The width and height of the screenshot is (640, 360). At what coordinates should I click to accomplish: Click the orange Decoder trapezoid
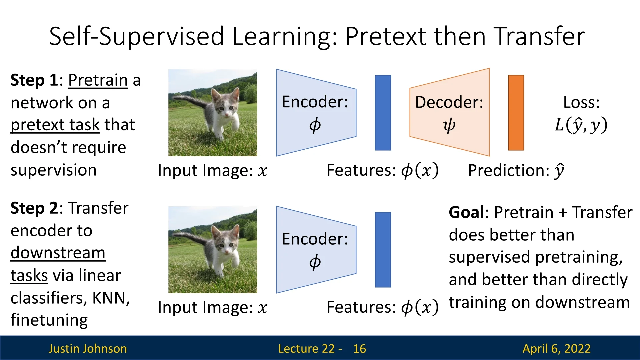450,112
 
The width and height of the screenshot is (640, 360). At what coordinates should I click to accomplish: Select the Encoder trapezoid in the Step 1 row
316,113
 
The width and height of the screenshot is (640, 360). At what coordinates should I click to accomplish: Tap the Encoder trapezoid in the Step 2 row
316,250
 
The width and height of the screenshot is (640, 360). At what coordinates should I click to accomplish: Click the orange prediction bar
516,113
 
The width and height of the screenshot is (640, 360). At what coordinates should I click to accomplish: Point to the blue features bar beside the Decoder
383,113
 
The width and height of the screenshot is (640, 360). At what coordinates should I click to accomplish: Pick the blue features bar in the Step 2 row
383,250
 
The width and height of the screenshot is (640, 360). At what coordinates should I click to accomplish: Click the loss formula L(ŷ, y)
581,125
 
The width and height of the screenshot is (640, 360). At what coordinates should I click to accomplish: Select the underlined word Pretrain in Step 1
98,80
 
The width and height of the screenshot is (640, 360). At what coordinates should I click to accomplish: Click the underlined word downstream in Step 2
58,253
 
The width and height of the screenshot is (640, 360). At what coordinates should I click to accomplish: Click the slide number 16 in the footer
360,349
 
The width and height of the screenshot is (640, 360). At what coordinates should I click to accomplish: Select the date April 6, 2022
557,349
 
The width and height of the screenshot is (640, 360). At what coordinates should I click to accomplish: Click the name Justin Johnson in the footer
88,349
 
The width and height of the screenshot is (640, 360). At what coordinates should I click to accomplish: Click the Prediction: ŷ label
516,171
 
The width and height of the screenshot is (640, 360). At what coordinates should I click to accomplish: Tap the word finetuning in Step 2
49,320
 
